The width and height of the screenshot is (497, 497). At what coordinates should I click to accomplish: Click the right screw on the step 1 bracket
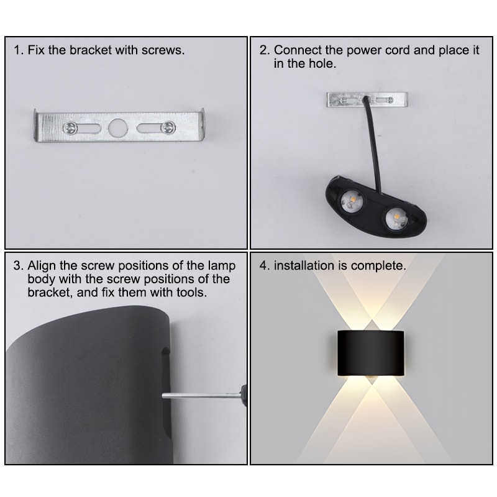coord(166,127)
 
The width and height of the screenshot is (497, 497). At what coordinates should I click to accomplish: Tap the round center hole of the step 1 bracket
coord(116,128)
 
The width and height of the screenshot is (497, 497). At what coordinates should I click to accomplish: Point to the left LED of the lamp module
coord(350,199)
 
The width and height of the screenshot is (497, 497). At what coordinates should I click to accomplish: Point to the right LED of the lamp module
coord(393,217)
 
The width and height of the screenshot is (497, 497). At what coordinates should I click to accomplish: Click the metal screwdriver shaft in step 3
coord(199,395)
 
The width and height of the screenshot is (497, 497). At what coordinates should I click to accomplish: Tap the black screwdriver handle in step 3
coord(243,393)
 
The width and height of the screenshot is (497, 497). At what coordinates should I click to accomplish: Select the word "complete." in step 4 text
coord(378,265)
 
